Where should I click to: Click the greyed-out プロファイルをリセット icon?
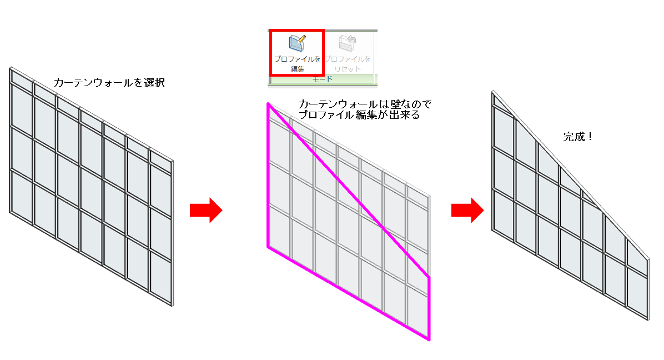coord(348,44)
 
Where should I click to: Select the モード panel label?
coord(322,79)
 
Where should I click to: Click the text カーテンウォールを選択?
coord(109,83)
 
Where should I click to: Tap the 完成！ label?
coord(578,137)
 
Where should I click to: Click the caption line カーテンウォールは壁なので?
coord(365,104)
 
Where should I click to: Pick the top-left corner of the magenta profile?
coord(268,104)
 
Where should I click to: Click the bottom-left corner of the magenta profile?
coord(268,247)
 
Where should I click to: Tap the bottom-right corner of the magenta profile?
coord(429,338)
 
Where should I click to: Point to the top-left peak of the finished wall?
coord(493,92)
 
